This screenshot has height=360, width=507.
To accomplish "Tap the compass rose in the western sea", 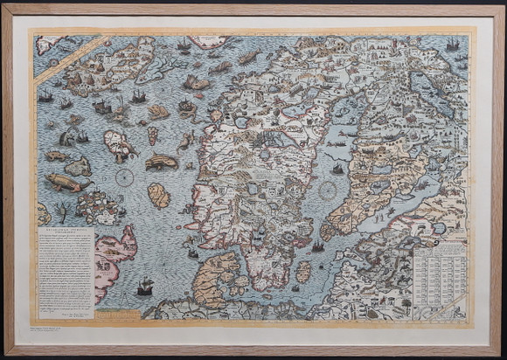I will pos(123,178).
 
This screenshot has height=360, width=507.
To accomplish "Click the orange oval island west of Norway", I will pos(158,195).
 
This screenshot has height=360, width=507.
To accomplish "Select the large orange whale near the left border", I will pos(67,183).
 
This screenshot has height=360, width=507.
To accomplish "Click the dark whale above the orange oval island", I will pos(162,162).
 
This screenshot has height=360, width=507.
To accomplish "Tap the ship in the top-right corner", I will pos(452,45).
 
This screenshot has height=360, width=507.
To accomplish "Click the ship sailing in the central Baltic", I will pos(337,166).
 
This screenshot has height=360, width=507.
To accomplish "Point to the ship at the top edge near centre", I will pos(184,45).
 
